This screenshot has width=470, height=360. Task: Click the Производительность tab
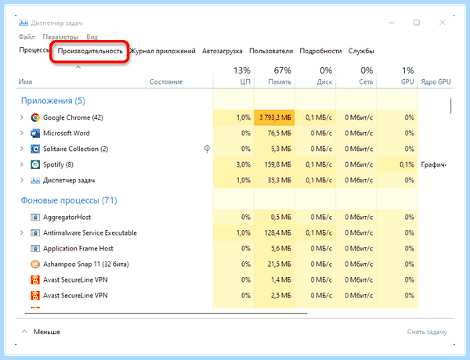90,51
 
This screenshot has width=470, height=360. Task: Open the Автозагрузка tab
222,51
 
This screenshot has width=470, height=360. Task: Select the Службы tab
361,51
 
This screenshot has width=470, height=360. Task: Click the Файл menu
27,37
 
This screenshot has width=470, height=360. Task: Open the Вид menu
92,37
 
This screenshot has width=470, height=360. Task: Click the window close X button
442,23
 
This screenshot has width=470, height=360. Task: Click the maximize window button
417,23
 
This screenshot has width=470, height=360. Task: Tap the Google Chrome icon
35,117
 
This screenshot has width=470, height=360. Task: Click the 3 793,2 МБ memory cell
275,117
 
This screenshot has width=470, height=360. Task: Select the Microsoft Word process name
67,133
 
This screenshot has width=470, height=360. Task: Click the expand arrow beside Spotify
22,164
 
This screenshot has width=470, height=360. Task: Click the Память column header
280,81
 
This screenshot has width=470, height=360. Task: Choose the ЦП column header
245,81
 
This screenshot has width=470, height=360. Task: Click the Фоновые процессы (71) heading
69,200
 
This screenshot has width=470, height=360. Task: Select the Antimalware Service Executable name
90,232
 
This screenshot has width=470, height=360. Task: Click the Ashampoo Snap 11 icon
35,265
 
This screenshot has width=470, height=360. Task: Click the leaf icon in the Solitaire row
207,149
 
